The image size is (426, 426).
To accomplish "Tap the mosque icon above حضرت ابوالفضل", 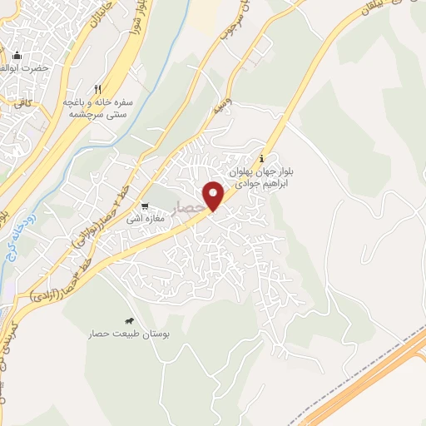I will tap(17, 56).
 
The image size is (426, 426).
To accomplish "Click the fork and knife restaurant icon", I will tap(98, 89).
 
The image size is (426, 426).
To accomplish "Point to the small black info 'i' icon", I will tap(263, 158).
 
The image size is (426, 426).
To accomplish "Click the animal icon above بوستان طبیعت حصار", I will tap(130, 321).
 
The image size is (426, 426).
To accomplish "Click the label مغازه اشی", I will tap(146, 220).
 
